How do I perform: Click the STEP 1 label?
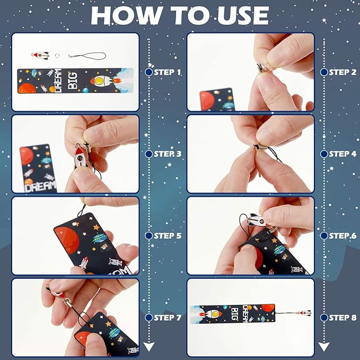tap(167, 72)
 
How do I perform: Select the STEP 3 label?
tap(167, 154)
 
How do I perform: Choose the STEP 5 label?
tap(167, 235)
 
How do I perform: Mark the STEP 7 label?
tap(167, 318)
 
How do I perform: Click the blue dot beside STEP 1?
tap(149, 72)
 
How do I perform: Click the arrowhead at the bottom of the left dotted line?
tap(149, 347)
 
